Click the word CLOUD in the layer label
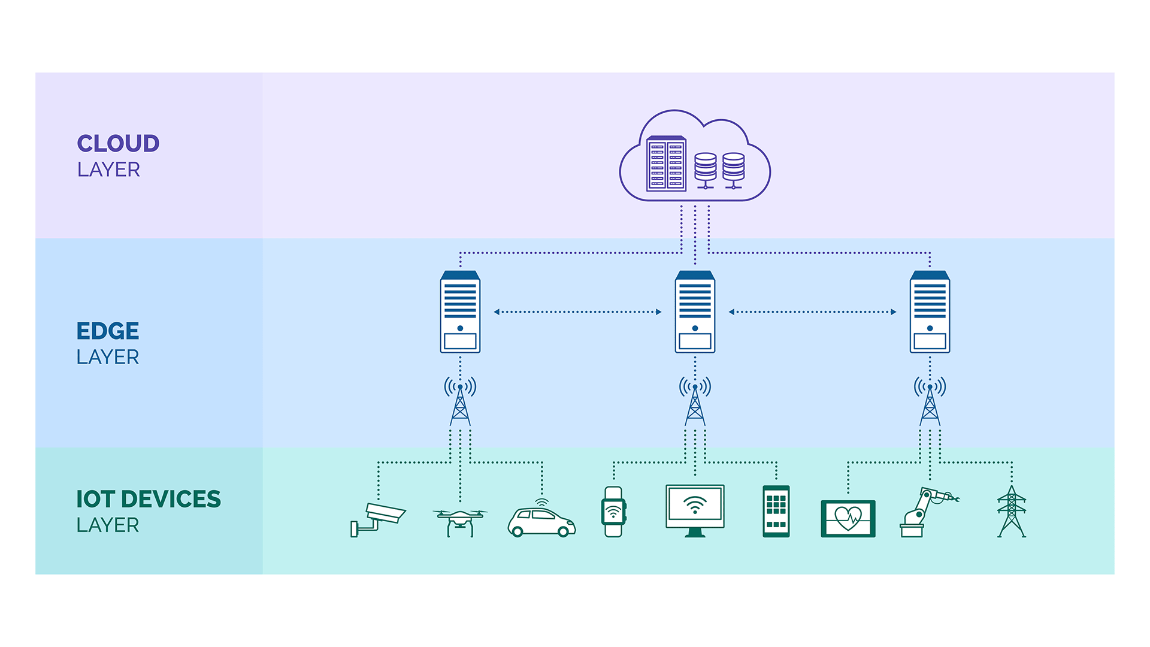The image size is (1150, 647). (x=118, y=144)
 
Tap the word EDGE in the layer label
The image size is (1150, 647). (x=108, y=331)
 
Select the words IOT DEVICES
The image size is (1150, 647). (x=149, y=499)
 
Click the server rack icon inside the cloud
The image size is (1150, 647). (x=666, y=164)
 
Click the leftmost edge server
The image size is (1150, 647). (x=460, y=312)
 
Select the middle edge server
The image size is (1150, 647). (x=695, y=312)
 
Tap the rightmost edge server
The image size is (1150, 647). (x=930, y=312)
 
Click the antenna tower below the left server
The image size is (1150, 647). (x=460, y=401)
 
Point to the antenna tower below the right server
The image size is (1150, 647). (x=930, y=401)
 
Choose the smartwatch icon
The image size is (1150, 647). (x=613, y=512)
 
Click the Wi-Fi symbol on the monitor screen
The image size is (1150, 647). (x=695, y=505)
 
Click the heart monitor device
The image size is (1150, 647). (x=848, y=518)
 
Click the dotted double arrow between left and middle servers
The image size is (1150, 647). (x=577, y=312)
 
